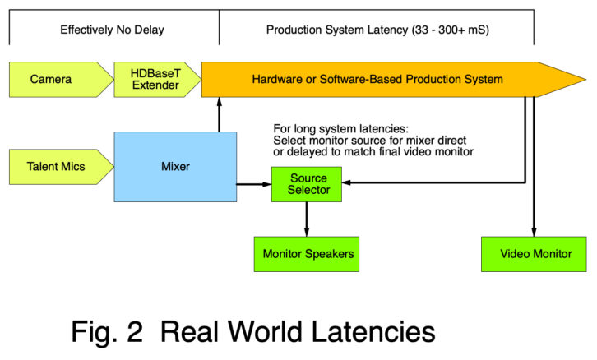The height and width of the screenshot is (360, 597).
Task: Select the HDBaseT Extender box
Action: click(x=151, y=80)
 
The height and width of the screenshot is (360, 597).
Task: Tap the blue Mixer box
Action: click(x=176, y=166)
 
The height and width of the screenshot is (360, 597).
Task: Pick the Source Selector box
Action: click(x=308, y=185)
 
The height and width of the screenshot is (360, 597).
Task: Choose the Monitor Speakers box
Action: click(x=308, y=253)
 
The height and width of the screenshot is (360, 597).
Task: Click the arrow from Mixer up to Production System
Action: click(x=220, y=115)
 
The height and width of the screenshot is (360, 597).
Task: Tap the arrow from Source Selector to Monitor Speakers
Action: click(x=307, y=219)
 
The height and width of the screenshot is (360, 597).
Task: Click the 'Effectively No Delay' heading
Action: click(x=113, y=30)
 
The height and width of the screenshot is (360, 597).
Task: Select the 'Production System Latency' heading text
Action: click(x=376, y=30)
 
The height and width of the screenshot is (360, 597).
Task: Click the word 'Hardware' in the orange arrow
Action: click(x=277, y=80)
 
